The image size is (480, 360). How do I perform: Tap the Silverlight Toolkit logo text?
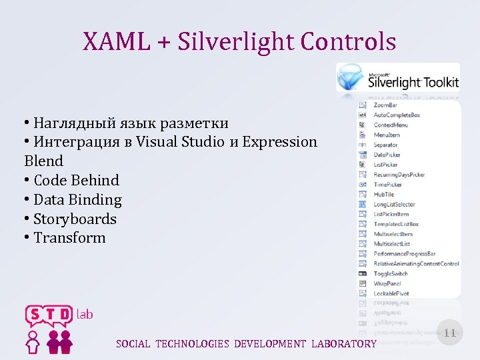(413, 81)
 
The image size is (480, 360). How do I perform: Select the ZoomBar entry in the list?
(385, 105)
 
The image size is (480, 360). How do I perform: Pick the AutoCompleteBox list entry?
(397, 115)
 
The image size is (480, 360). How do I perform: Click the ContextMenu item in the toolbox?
(391, 125)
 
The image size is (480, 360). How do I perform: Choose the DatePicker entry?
(387, 155)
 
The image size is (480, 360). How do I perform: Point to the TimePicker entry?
(387, 185)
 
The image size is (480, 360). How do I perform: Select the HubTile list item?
(384, 195)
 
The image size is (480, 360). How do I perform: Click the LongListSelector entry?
(394, 205)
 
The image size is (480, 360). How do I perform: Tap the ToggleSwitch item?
(391, 273)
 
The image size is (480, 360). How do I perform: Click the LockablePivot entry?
(391, 293)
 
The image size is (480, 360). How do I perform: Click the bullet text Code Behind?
(76, 180)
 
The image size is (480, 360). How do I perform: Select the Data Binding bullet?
(77, 199)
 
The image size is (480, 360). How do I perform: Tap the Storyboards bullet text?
(75, 219)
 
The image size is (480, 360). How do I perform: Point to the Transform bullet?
(69, 238)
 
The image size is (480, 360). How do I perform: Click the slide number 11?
(450, 333)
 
